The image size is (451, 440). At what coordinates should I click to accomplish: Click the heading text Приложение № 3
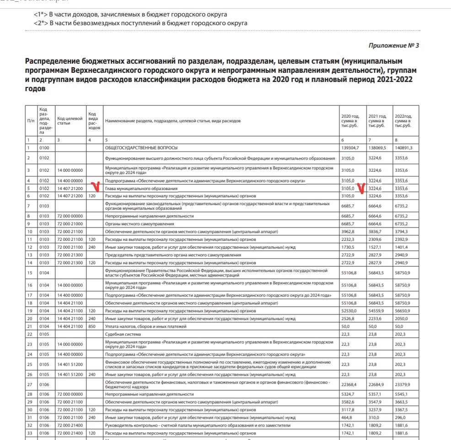pyautogui.click(x=393, y=46)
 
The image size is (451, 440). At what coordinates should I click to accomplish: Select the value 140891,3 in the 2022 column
pyautogui.click(x=404, y=148)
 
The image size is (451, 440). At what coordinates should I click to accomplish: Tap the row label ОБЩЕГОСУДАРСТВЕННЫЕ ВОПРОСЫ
pyautogui.click(x=141, y=148)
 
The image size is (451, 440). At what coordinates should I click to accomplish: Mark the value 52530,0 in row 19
pyautogui.click(x=349, y=311)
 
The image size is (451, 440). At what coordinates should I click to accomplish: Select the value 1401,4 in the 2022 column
pyautogui.click(x=402, y=247)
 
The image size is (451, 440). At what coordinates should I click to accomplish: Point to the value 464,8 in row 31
pyautogui.click(x=348, y=418)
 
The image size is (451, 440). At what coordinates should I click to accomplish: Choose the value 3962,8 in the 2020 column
pyautogui.click(x=349, y=232)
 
